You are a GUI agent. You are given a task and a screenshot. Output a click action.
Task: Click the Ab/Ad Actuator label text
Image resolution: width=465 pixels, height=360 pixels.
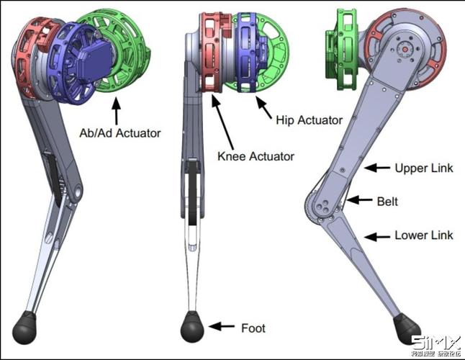tap(119, 133)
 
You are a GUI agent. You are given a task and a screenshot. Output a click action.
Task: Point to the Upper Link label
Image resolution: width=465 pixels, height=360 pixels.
tap(424, 168)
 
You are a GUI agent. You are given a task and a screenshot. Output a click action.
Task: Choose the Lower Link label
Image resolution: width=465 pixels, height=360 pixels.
tap(424, 235)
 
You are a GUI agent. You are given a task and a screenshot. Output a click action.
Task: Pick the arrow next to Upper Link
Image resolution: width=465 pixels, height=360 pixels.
tap(376, 168)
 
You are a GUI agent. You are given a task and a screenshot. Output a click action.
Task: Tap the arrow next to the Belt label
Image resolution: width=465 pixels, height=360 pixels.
tap(360, 199)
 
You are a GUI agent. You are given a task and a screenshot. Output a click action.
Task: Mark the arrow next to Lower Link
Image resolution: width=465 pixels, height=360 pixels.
tap(376, 235)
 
